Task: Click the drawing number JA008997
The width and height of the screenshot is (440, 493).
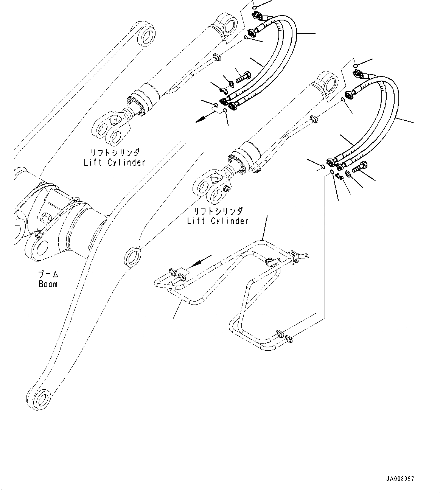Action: point(400,479)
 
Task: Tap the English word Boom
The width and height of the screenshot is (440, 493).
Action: point(48,283)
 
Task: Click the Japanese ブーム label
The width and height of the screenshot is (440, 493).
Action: point(48,274)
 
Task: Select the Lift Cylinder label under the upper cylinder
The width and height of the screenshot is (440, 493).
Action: point(115,162)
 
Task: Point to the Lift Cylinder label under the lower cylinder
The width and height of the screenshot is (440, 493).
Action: point(218,221)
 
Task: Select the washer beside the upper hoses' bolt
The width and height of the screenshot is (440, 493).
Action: point(230,82)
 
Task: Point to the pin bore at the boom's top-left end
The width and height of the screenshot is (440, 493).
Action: point(146,37)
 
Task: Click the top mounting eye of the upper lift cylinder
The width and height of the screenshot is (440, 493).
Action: point(228,25)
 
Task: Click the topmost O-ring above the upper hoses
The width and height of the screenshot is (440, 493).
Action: point(255,7)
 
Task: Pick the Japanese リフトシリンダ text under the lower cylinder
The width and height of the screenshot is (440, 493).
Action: point(218,211)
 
